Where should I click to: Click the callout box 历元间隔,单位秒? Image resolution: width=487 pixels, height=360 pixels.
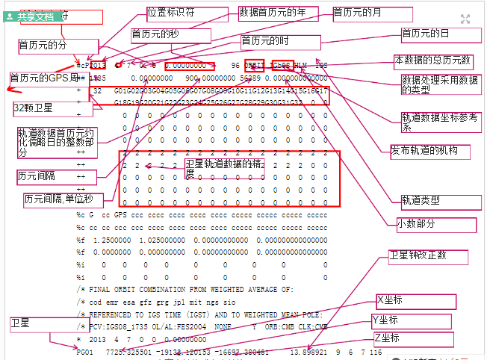coord(58,200)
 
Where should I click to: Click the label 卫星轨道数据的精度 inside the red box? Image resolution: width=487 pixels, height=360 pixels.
coord(223,168)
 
